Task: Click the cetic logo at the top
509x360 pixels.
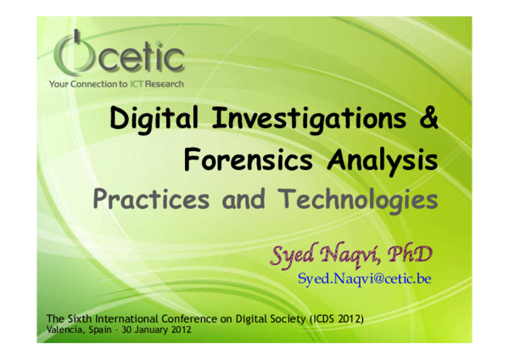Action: coord(118,55)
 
